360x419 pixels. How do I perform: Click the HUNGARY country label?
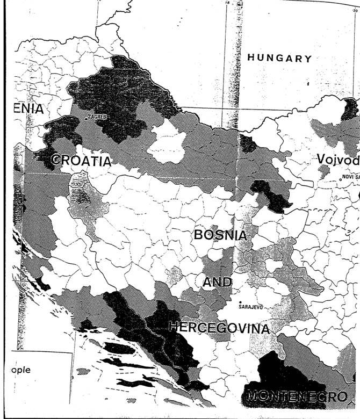(x=279, y=58)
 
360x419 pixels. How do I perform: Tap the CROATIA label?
(x=81, y=161)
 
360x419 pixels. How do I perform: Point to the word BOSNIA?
(x=220, y=235)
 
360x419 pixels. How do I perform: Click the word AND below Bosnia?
(x=218, y=282)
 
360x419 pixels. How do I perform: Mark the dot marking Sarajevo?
(x=240, y=302)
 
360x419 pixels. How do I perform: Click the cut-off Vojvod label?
(x=338, y=160)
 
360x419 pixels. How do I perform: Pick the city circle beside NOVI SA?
(x=340, y=180)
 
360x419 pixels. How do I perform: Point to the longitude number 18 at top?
(x=227, y=3)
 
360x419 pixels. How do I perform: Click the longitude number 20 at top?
(x=354, y=3)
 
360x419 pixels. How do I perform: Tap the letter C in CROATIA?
(x=55, y=161)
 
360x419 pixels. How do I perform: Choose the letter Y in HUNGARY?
(x=307, y=58)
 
